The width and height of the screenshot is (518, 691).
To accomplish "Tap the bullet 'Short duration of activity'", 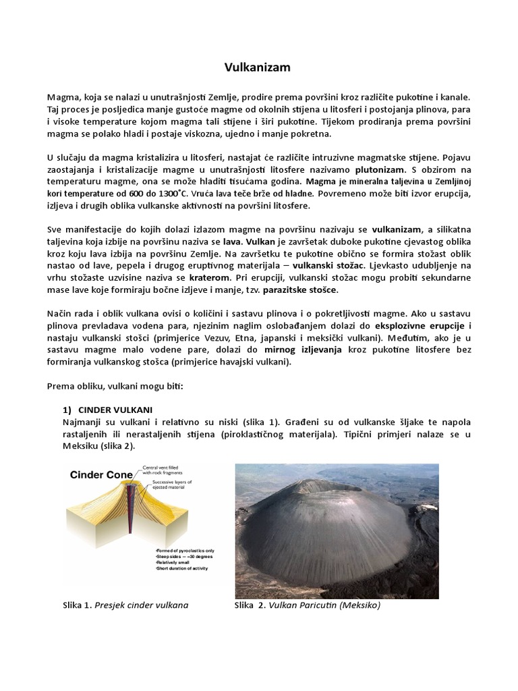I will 184,568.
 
